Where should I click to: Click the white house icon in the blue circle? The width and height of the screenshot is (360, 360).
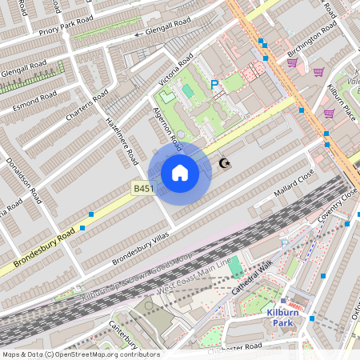[180, 172]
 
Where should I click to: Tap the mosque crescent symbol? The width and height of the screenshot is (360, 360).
[226, 163]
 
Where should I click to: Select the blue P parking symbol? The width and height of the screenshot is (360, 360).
[214, 84]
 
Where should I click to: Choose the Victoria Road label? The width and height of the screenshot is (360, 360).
[176, 70]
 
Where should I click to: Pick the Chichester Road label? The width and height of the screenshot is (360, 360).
[235, 349]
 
